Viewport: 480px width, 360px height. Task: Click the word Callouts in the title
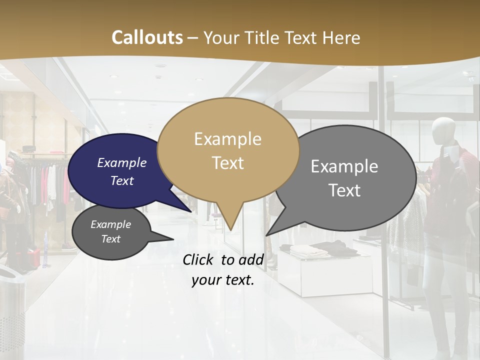point(147,37)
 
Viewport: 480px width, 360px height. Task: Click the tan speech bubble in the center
point(228,150)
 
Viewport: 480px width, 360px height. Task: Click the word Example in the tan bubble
point(227,139)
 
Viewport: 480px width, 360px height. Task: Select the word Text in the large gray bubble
point(344,190)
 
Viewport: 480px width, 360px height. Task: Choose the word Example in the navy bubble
point(121,163)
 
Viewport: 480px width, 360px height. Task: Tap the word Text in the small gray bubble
point(110,239)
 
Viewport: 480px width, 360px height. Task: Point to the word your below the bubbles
point(206,280)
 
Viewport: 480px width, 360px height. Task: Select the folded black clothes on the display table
point(336,246)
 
